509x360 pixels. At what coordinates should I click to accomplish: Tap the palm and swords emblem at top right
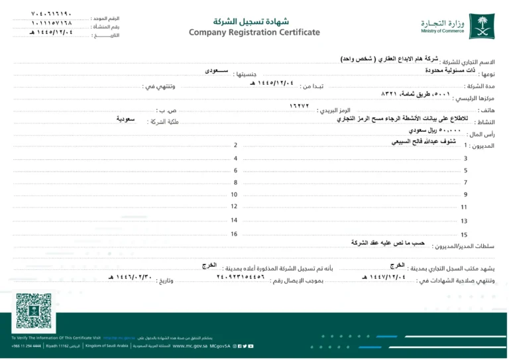(481, 25)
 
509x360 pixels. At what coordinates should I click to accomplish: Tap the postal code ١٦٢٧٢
(300, 107)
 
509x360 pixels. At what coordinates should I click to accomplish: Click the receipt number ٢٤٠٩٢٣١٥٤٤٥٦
(241, 277)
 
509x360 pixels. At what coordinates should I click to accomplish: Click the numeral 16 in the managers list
(233, 234)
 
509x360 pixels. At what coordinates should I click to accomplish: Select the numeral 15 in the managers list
(464, 235)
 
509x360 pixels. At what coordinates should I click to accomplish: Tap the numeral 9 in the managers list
(465, 194)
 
